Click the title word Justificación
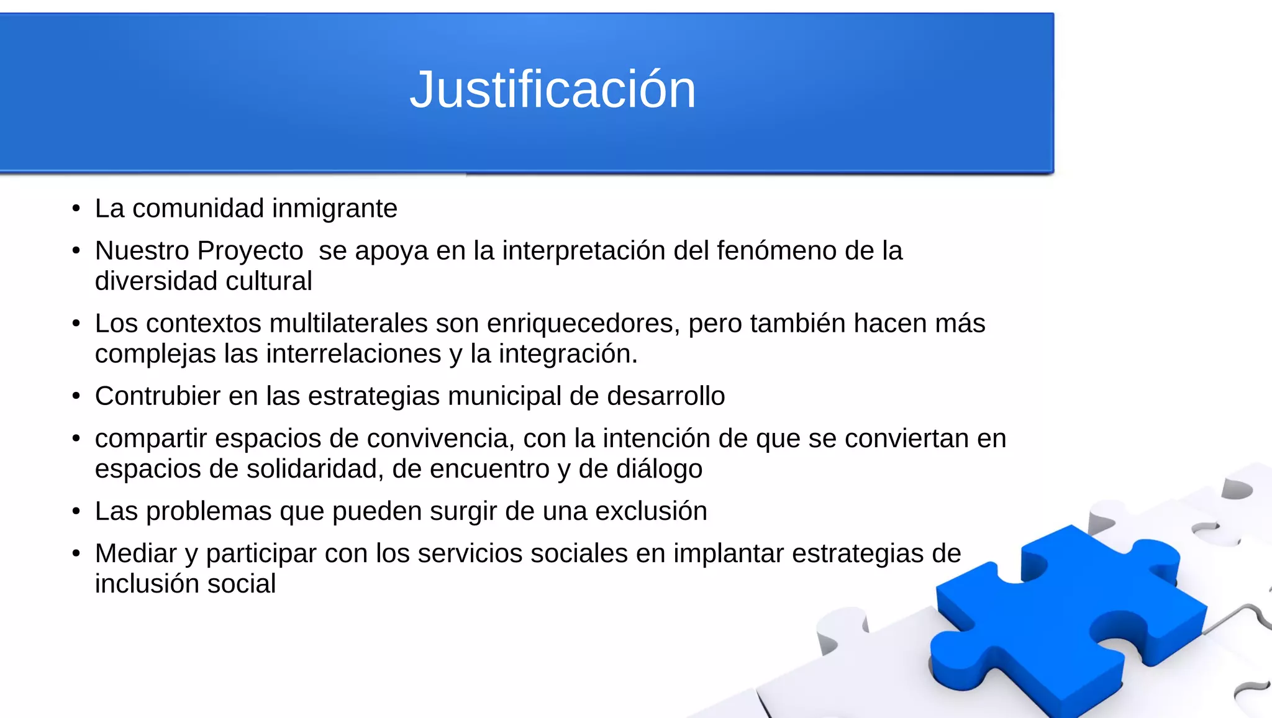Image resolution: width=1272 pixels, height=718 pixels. [x=552, y=90]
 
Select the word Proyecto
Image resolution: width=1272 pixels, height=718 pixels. [x=250, y=251]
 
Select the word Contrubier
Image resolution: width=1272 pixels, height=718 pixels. [x=158, y=396]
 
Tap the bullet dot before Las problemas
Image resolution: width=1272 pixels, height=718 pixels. [x=76, y=512]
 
